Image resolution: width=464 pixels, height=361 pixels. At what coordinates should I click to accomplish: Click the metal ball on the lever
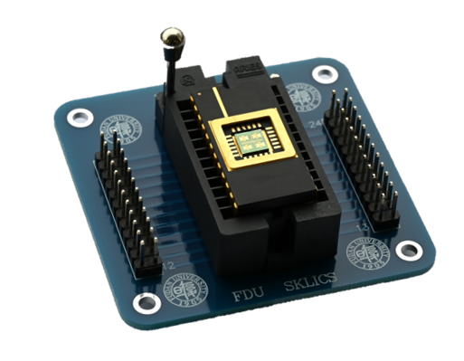click(170, 37)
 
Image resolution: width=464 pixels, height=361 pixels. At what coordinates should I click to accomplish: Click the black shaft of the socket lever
click(168, 69)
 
